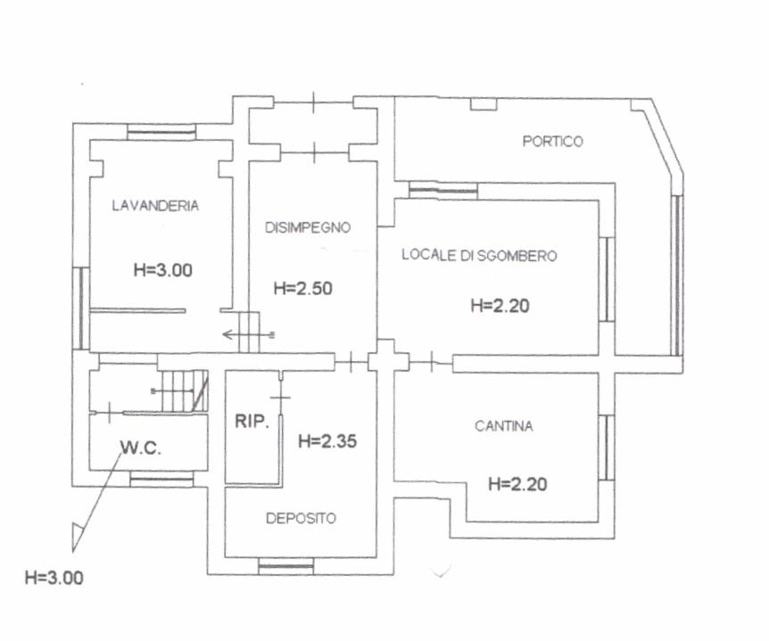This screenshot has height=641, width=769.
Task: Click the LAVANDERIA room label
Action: [155, 205]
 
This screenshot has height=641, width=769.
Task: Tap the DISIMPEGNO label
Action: [308, 227]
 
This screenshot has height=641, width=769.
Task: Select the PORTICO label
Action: [553, 142]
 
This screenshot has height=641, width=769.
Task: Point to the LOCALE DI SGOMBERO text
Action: [479, 255]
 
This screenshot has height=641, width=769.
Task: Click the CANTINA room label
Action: [504, 426]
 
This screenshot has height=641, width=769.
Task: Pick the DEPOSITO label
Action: [301, 518]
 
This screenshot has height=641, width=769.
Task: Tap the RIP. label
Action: [252, 421]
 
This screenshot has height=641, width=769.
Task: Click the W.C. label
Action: [141, 448]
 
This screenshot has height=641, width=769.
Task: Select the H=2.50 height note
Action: [303, 288]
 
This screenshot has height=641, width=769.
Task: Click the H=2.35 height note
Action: [327, 441]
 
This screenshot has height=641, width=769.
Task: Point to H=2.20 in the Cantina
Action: [517, 484]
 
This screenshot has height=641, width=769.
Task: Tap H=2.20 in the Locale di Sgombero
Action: [500, 306]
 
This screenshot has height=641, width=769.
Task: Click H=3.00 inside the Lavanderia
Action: [163, 270]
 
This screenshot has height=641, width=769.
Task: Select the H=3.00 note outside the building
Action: [54, 578]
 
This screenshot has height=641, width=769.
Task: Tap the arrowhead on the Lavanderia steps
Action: [227, 334]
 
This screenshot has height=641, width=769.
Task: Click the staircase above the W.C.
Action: [185, 390]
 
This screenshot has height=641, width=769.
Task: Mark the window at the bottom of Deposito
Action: [286, 566]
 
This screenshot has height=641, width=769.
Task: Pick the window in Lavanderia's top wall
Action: [161, 131]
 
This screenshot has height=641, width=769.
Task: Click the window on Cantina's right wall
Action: [607, 448]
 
